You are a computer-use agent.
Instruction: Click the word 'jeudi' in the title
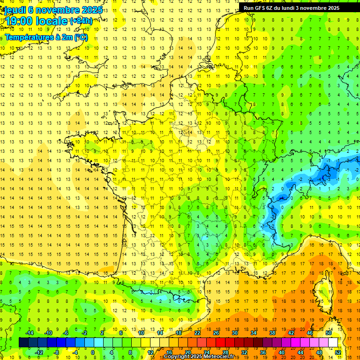tap(15, 10)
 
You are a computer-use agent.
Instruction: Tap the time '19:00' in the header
tap(19, 21)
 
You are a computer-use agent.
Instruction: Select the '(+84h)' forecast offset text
tap(81, 21)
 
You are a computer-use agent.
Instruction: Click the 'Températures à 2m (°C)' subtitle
tap(46, 37)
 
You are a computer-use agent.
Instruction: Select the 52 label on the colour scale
tap(338, 352)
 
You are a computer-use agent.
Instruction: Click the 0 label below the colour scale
tap(93, 352)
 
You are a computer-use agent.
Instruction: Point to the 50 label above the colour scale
tap(329, 333)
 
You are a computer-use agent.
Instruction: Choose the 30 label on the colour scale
tap(235, 333)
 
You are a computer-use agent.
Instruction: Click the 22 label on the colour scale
tap(197, 333)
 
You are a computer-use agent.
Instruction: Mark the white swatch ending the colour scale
tap(333, 343)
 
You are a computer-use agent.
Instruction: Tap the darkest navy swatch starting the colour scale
tap(23, 343)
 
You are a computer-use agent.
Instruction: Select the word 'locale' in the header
tap(52, 21)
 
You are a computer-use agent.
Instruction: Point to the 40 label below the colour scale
tap(282, 352)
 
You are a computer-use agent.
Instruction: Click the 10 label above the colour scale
tap(141, 333)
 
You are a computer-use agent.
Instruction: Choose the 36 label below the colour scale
tap(263, 352)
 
